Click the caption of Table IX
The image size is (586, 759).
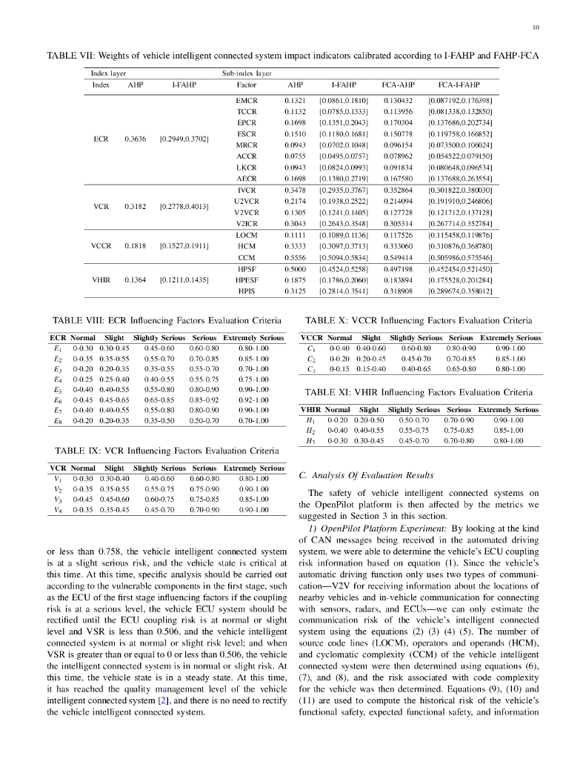pyautogui.click(x=167, y=450)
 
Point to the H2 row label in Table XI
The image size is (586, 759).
pyautogui.click(x=310, y=429)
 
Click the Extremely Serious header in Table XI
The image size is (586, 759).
pyautogui.click(x=508, y=409)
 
